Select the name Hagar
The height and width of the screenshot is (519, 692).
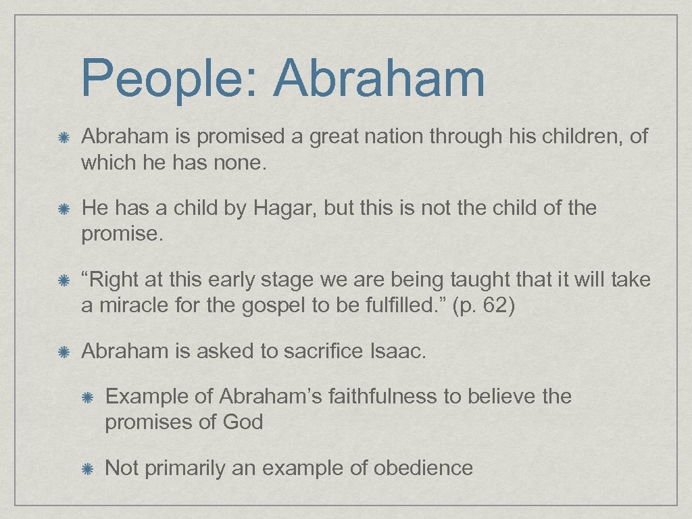[285, 209]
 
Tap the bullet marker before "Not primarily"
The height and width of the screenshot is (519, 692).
[88, 468]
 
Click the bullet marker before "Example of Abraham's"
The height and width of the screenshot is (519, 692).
[88, 397]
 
